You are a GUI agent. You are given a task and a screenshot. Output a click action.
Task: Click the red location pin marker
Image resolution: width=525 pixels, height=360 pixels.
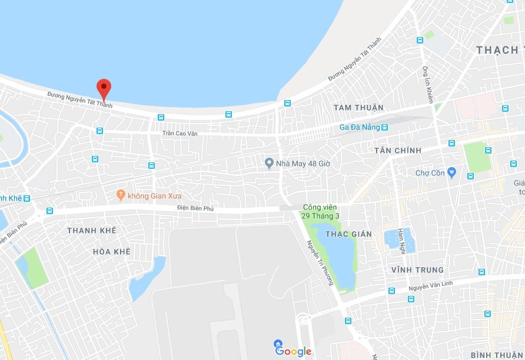point(104,88)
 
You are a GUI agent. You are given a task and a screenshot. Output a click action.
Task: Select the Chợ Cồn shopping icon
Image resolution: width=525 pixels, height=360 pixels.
point(451,172)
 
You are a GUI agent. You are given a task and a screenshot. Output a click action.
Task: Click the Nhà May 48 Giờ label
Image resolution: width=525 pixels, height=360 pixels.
point(304,163)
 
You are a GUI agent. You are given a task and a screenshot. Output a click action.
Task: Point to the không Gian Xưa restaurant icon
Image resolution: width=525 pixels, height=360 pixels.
point(121,194)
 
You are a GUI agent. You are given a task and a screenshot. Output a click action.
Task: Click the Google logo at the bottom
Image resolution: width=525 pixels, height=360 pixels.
point(293,351)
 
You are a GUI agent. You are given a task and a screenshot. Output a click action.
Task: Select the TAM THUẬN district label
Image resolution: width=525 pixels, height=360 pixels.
point(358,108)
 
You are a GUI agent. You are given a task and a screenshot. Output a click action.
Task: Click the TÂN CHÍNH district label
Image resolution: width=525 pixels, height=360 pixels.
point(398,151)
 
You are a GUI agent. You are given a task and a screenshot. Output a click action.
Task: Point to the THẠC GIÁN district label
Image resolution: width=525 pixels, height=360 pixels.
point(349,234)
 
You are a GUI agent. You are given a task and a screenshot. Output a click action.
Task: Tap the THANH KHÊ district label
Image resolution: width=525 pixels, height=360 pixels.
point(92,231)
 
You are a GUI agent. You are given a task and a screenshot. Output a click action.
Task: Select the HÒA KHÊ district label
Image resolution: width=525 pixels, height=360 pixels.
point(111,252)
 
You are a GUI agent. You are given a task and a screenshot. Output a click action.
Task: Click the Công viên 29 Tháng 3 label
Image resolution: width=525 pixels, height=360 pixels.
point(321,212)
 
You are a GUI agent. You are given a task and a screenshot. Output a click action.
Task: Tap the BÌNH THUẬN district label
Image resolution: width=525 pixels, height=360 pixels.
point(497,355)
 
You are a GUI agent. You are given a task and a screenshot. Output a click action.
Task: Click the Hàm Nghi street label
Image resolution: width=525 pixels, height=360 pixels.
point(403,241)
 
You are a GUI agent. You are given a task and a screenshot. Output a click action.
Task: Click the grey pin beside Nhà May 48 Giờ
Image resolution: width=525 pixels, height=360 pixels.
point(270,163)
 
